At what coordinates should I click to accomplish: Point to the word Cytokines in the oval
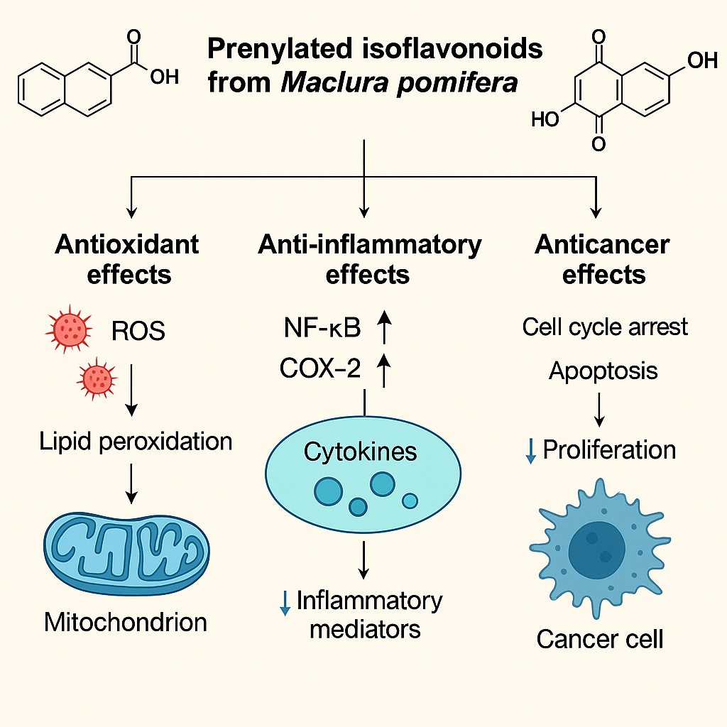point(360,451)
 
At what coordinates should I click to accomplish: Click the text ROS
point(138,331)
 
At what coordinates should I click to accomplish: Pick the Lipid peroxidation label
point(136,442)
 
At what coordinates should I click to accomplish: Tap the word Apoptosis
point(603,370)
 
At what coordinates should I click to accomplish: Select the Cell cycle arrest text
point(605,327)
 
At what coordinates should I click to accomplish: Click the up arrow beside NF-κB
point(384,328)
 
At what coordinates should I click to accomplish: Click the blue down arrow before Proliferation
point(530,451)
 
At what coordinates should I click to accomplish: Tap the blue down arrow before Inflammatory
point(285,603)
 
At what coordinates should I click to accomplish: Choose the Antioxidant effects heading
point(128,258)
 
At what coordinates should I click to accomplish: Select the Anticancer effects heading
point(603,258)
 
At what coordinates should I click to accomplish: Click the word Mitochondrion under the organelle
point(126,622)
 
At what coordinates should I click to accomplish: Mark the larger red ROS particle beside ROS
point(70,329)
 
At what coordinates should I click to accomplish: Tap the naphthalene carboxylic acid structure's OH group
point(165,77)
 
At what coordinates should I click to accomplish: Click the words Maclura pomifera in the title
point(400,83)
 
